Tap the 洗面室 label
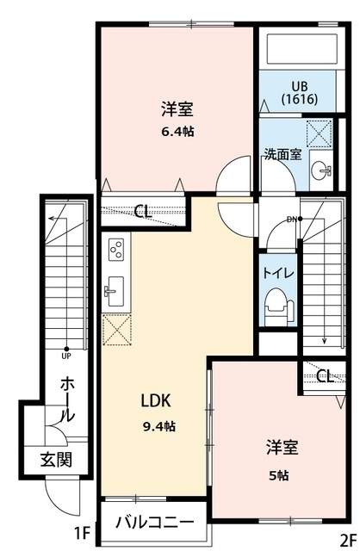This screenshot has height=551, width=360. (282, 155)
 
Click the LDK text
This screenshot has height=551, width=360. (157, 400)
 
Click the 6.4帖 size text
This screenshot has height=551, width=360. (177, 133)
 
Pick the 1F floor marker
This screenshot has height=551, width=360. (83, 533)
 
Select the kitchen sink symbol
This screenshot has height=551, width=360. (115, 291)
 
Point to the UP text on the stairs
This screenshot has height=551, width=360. (66, 351)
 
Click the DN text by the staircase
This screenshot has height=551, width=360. (292, 219)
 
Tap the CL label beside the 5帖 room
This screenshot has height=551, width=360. (324, 375)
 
